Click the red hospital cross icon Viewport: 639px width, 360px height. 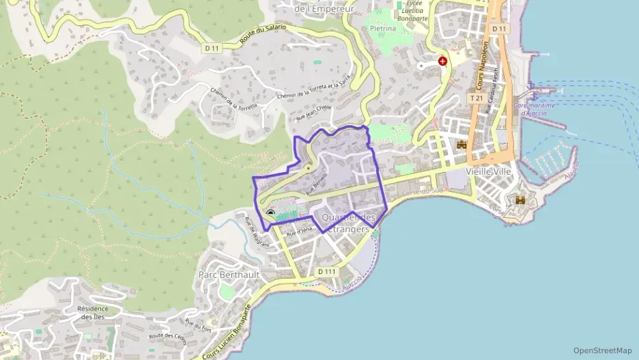tap(443, 61)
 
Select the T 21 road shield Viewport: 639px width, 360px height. tap(476, 98)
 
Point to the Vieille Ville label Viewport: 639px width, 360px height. tap(488, 171)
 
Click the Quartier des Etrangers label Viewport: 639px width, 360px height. tap(348, 223)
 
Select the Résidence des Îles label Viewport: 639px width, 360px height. tap(94, 312)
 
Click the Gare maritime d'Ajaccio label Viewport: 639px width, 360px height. tap(534, 109)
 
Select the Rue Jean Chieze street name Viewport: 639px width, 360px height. tap(313, 113)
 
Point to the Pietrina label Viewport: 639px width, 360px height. tap(383, 29)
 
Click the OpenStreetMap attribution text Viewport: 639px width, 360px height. tap(602, 350)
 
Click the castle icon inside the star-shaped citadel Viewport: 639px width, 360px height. tap(520, 200)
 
